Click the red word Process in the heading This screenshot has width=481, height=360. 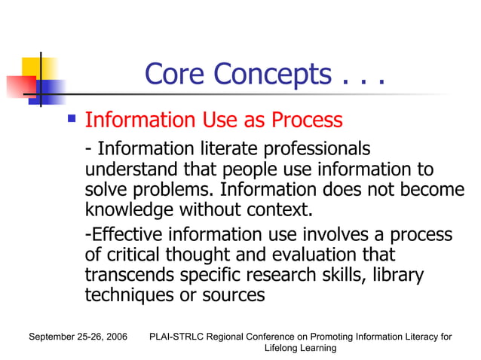coord(307,120)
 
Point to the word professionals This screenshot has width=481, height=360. coord(306,148)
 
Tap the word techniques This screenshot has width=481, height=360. coord(129,295)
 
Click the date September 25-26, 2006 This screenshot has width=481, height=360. coord(78,337)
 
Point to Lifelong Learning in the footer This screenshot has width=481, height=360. coord(300,348)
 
